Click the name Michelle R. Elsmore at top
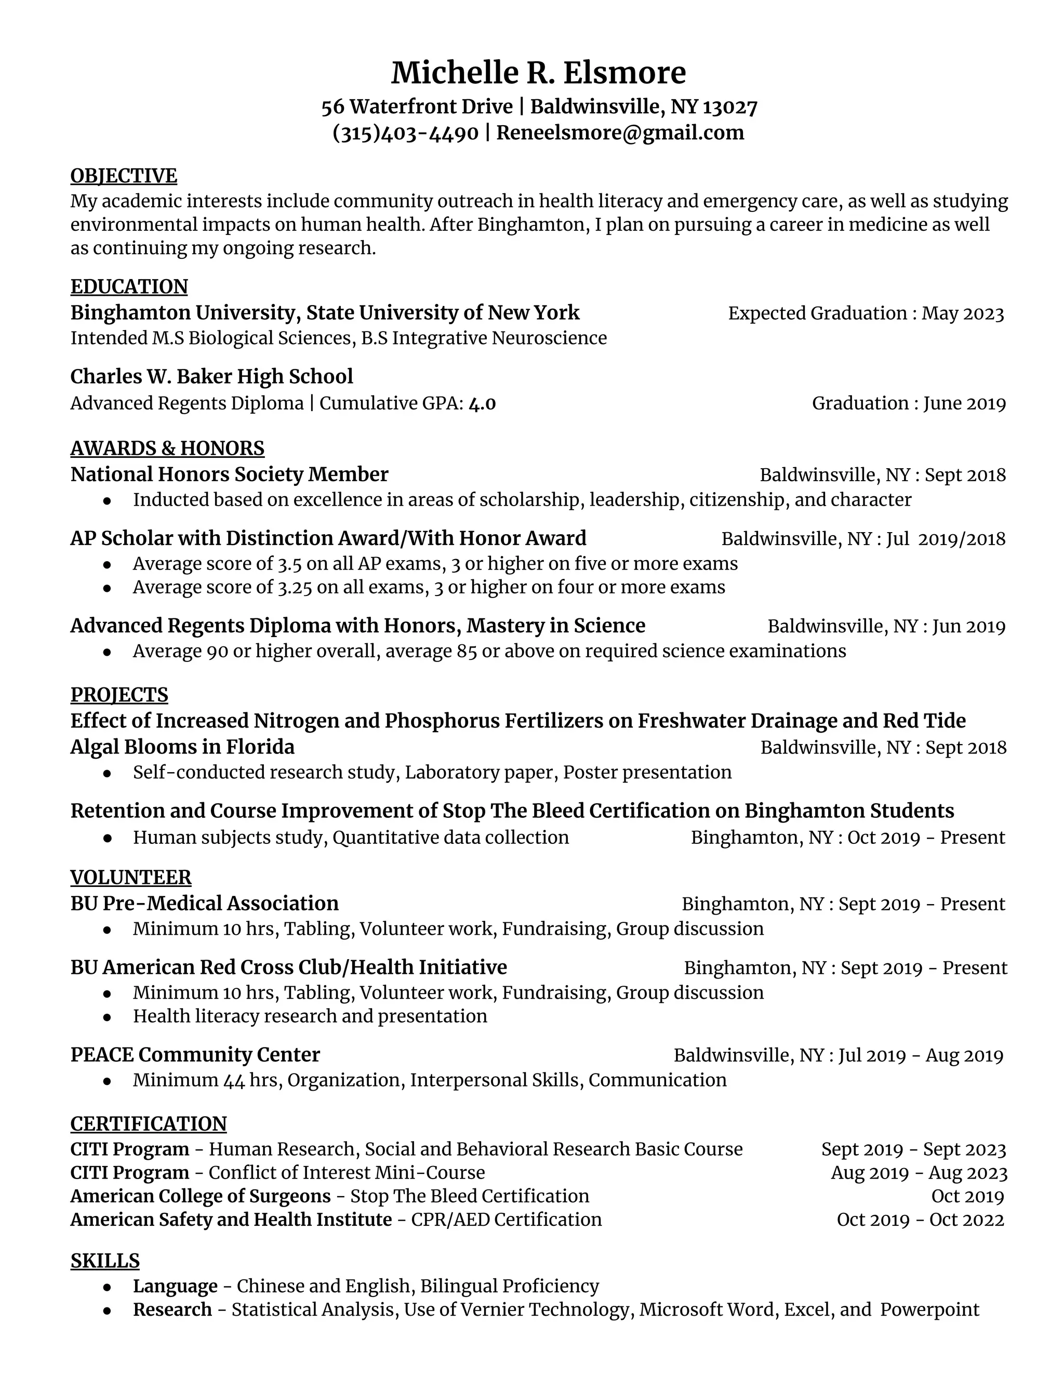point(538,73)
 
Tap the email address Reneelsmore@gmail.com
point(620,133)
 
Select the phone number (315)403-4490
point(405,133)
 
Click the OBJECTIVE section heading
point(124,176)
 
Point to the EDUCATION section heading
point(129,287)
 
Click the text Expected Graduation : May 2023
point(866,313)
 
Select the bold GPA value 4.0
point(482,404)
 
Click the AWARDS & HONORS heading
point(168,448)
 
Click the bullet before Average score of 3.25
point(108,588)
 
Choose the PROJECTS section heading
point(119,695)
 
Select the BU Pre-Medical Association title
point(205,904)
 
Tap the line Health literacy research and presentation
point(310,1016)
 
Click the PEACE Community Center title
point(195,1055)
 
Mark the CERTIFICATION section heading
point(149,1123)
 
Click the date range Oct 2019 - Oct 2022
point(920,1220)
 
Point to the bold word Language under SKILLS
point(175,1286)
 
